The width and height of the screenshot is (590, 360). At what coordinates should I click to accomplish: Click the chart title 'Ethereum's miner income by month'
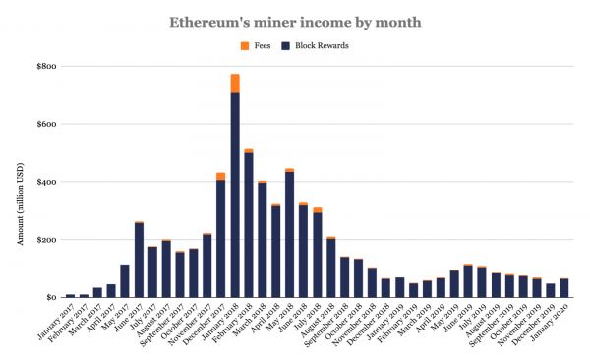(x=294, y=20)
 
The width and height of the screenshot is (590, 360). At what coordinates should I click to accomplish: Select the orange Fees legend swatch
(x=245, y=45)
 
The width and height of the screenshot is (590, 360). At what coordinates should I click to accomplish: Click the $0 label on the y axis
(x=46, y=297)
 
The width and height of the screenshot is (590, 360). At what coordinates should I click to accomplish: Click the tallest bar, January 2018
(x=235, y=197)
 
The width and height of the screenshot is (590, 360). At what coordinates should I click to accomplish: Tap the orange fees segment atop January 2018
(x=235, y=84)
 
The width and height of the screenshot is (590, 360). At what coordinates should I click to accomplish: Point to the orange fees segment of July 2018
(x=317, y=210)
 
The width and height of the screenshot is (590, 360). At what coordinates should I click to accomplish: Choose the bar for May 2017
(x=125, y=280)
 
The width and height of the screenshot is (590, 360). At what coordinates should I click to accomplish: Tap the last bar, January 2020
(x=563, y=287)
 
